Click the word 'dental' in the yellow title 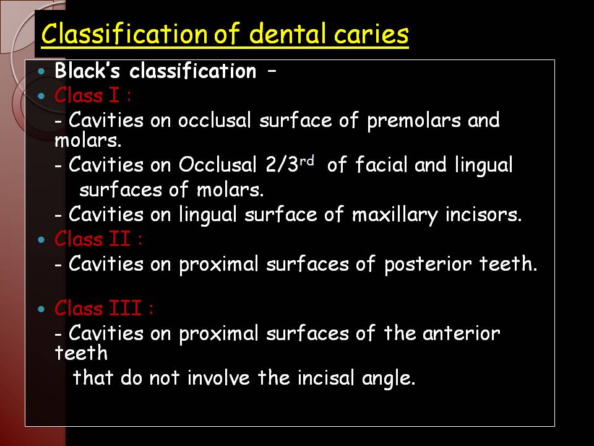288,33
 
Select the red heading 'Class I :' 93,95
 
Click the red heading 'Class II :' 98,239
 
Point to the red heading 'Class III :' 104,308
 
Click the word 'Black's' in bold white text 87,71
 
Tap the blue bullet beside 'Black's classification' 41,71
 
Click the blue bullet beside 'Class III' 41,309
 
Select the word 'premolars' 414,121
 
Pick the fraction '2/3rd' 290,164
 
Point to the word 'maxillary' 395,215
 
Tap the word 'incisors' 483,214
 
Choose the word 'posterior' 428,265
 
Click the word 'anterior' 461,333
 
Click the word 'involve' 218,378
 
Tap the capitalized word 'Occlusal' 217,165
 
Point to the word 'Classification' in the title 124,33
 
